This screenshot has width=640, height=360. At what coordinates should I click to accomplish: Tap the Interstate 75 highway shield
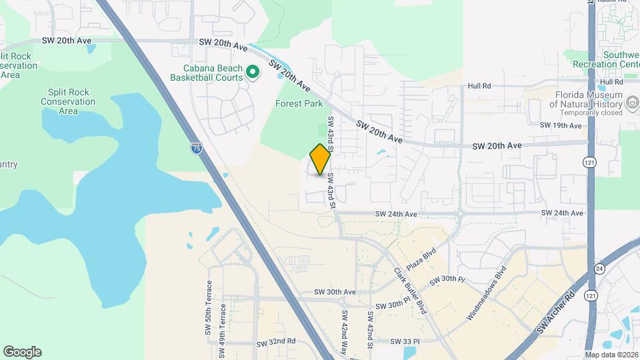point(196,148)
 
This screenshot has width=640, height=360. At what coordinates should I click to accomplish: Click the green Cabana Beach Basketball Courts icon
point(253,71)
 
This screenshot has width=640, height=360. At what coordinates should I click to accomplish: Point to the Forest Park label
point(299,103)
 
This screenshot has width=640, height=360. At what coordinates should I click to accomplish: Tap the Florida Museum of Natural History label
point(585,99)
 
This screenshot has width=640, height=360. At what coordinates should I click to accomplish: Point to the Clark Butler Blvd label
point(410,291)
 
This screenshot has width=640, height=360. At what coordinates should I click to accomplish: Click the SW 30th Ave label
point(335,292)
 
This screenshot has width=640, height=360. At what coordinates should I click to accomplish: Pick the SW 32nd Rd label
point(276,341)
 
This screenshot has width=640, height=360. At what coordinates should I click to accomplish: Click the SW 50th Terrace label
point(209,325)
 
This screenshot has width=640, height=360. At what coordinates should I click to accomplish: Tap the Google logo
point(22,352)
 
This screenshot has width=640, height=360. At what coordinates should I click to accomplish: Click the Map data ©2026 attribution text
point(611,355)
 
